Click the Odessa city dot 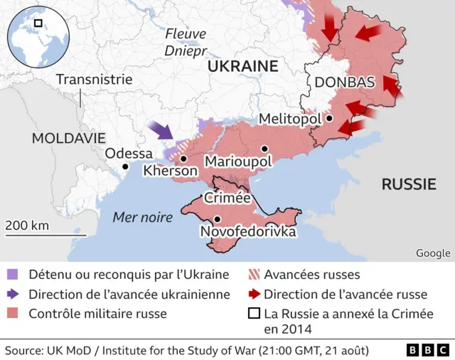[125, 166]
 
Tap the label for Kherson [170, 171]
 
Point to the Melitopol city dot [330, 118]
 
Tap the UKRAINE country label [242, 66]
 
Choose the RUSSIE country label [408, 184]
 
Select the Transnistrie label [94, 79]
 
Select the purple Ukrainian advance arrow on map [162, 130]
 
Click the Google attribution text [433, 253]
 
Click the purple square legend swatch [12, 275]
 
